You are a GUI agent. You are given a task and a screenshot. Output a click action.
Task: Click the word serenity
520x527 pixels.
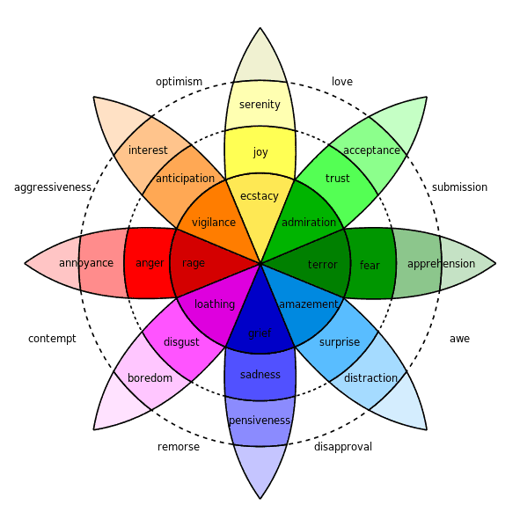(260, 105)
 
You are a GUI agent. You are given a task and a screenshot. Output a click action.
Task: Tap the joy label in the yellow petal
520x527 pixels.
(260, 152)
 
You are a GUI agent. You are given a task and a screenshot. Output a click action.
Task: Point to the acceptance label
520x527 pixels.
(371, 150)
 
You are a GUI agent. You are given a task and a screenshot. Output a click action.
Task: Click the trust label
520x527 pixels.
(337, 179)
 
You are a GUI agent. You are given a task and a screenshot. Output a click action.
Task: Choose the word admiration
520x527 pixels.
(309, 223)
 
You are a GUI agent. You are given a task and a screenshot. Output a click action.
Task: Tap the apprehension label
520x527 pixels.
(441, 264)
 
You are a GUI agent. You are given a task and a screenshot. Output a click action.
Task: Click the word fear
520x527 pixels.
(370, 266)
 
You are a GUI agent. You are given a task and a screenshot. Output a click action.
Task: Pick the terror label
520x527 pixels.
(323, 265)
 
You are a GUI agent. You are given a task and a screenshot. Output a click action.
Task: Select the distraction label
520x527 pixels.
(371, 378)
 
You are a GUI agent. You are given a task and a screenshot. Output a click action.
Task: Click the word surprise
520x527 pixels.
(339, 342)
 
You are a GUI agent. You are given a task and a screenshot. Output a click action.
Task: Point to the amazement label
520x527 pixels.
(309, 304)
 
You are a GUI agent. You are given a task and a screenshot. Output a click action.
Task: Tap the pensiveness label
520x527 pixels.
(260, 421)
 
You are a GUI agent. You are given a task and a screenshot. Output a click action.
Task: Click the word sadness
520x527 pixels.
(260, 375)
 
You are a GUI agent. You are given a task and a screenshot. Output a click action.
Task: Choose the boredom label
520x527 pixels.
(150, 378)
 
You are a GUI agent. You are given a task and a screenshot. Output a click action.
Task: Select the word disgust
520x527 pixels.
(181, 342)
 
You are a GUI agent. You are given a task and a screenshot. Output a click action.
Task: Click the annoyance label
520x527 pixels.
(86, 263)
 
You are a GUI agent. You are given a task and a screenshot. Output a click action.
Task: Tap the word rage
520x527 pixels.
(194, 263)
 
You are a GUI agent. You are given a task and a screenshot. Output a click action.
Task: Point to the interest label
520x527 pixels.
(148, 150)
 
